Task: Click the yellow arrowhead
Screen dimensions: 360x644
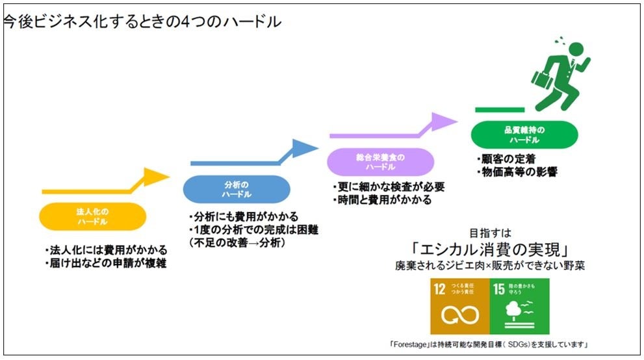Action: click(156, 177)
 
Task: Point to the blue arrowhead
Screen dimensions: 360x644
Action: click(305, 149)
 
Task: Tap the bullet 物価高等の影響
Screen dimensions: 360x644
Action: click(517, 172)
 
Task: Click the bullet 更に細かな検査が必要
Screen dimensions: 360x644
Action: click(387, 187)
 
